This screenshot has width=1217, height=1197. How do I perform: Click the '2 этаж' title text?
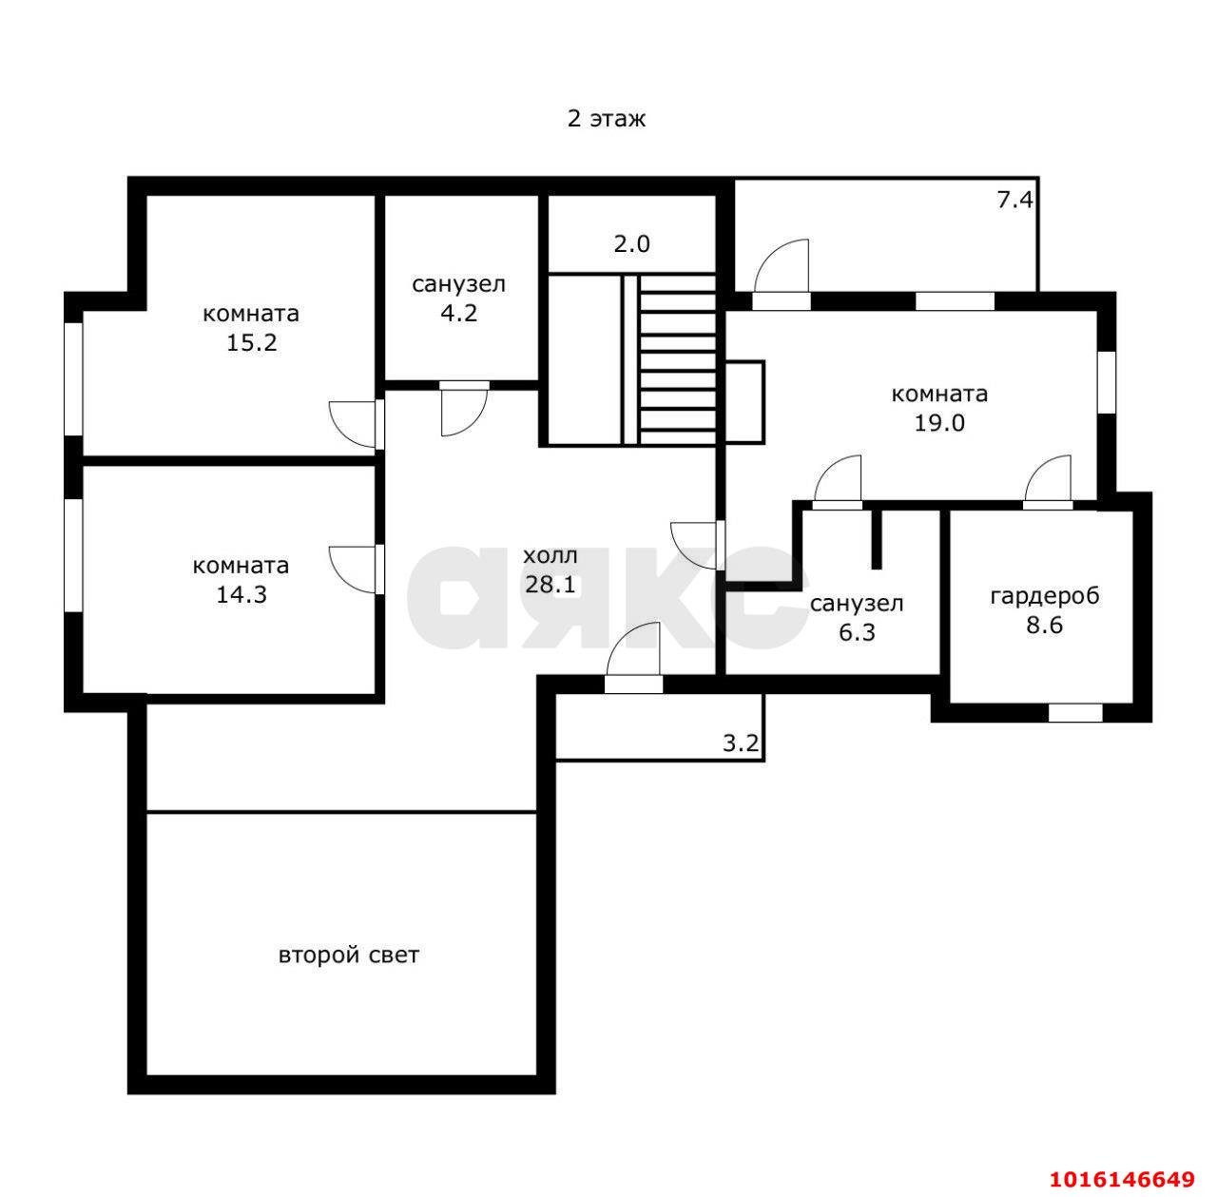(x=606, y=118)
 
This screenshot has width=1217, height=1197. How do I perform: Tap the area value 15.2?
(x=251, y=343)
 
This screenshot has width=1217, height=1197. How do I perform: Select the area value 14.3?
(x=241, y=594)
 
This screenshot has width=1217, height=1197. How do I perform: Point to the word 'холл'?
(x=551, y=556)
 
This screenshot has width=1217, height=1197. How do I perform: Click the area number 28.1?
(x=551, y=585)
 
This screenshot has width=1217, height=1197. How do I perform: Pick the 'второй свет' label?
(x=349, y=955)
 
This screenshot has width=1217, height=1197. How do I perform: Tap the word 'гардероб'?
(x=1045, y=596)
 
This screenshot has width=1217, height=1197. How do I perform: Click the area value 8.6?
(x=1045, y=625)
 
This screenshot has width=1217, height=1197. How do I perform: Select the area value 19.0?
(x=939, y=422)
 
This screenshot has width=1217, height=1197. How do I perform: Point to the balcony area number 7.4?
(x=1014, y=201)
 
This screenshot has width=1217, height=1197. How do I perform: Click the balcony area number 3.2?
(x=741, y=743)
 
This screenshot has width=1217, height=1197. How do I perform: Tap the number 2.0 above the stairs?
(x=631, y=243)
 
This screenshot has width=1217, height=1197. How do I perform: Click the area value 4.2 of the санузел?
(x=458, y=313)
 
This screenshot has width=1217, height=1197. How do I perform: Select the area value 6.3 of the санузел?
(x=857, y=632)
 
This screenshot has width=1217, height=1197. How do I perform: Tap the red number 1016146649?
(x=1122, y=1179)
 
